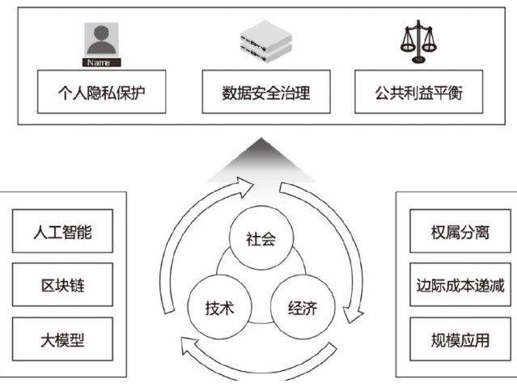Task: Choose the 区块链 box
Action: (x=62, y=286)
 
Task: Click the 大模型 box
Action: (x=62, y=340)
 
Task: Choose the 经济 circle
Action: (x=301, y=308)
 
